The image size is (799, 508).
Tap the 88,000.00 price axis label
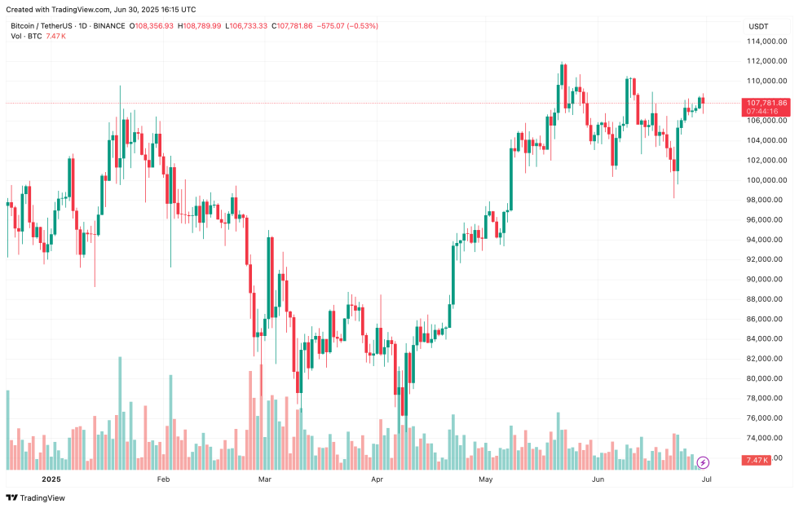tap(766, 299)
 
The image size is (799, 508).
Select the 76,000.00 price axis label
tap(766, 418)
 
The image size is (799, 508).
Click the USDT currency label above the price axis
tap(758, 26)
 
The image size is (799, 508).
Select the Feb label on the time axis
tap(163, 479)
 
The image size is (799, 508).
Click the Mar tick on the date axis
tap(264, 479)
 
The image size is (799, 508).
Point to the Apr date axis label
tap(377, 479)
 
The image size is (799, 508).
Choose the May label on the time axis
tap(486, 479)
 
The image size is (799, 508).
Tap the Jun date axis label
tap(598, 479)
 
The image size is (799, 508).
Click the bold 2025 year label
tap(51, 479)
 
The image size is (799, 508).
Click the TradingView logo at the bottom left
tap(36, 498)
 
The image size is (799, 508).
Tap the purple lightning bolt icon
tap(703, 462)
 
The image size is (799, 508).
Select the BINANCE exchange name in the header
tap(105, 26)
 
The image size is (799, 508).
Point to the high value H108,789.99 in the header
tap(199, 26)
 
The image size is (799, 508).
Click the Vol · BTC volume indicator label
tap(26, 37)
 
